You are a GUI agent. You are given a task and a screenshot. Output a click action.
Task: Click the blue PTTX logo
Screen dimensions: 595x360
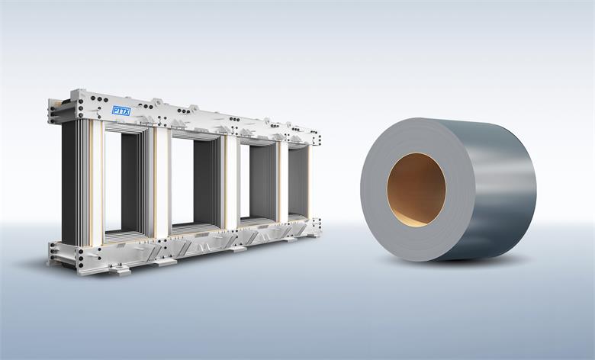(121, 111)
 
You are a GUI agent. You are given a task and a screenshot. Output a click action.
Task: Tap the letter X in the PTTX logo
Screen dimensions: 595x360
(127, 111)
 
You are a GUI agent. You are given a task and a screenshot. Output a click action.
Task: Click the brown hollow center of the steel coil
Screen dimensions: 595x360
(416, 190)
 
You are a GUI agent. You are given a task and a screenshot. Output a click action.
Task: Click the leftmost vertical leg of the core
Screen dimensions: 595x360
(82, 182)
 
